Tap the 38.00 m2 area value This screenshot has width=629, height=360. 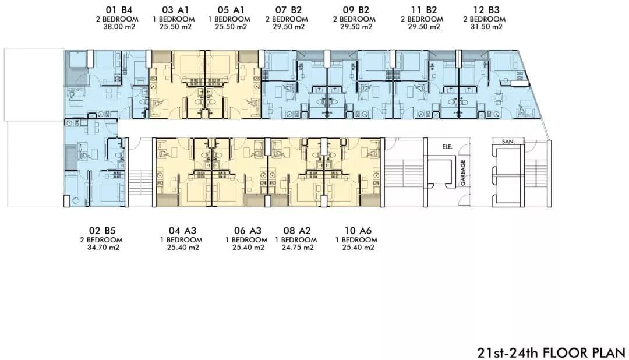(119, 27)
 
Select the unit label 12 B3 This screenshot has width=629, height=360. (486, 10)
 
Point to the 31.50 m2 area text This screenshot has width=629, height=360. (486, 27)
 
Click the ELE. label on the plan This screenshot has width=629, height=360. (447, 147)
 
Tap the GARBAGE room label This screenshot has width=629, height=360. (463, 172)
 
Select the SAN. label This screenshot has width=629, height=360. (507, 142)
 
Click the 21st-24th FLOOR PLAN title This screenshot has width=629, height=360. (551, 353)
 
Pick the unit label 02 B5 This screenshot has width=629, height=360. (103, 231)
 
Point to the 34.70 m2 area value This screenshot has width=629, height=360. (103, 248)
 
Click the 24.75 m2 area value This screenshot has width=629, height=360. (298, 248)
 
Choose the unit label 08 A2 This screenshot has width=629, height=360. (297, 231)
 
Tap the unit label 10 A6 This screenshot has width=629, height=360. (358, 231)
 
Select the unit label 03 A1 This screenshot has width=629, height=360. (175, 10)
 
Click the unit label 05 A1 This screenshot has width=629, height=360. (231, 10)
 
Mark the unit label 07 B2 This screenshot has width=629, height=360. (288, 10)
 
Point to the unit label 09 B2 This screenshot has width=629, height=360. (356, 10)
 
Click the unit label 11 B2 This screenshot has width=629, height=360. (424, 10)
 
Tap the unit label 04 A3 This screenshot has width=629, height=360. (182, 231)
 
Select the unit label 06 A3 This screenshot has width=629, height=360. (248, 231)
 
